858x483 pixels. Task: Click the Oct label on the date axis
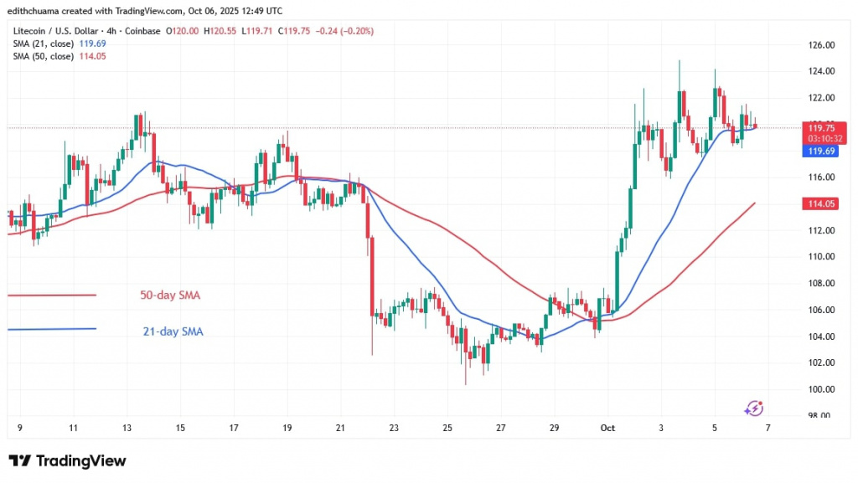point(607,427)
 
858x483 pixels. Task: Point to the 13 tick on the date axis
point(127,427)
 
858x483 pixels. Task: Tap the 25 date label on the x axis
point(447,427)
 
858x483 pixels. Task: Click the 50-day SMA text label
point(170,295)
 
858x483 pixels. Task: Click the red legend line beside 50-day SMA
point(52,295)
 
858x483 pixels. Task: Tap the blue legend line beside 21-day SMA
point(52,329)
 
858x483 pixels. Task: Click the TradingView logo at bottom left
point(67,461)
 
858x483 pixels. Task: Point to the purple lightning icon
point(753,408)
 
